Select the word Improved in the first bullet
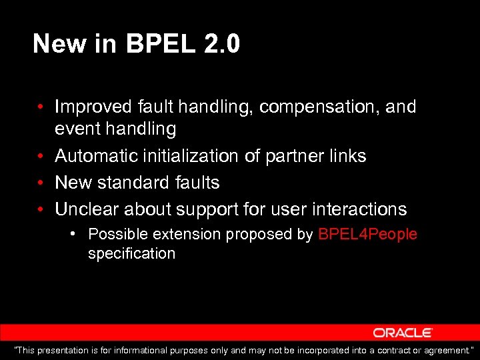tap(94, 107)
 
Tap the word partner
tap(293, 156)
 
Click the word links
tap(348, 156)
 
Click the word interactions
tap(357, 209)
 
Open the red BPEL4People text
tap(367, 235)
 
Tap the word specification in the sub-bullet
tap(131, 254)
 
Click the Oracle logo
tap(403, 333)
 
